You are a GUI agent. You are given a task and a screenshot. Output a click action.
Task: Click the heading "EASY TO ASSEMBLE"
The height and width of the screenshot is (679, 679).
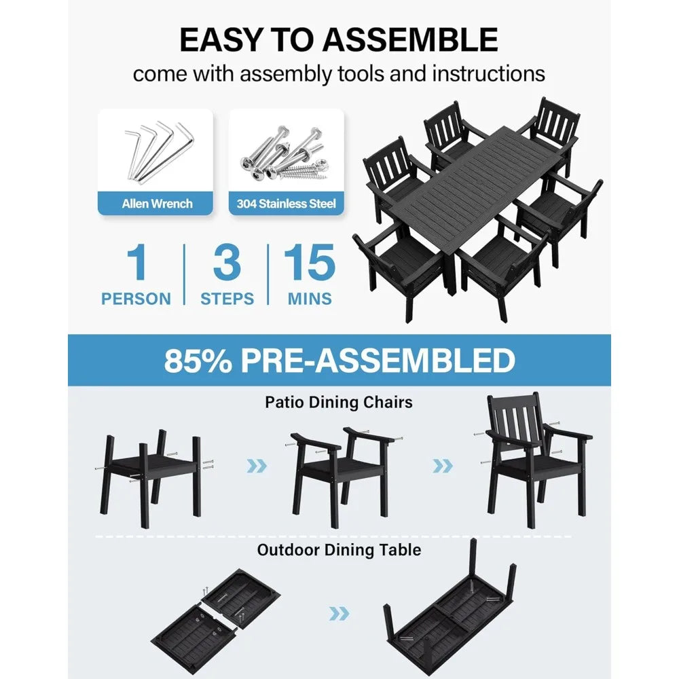(339, 40)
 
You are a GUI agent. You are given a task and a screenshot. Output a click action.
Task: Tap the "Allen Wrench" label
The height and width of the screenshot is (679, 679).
(157, 203)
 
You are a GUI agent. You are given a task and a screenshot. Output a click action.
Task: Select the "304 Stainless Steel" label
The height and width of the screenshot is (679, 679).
(286, 203)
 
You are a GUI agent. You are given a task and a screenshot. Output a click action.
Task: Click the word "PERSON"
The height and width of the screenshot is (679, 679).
(136, 299)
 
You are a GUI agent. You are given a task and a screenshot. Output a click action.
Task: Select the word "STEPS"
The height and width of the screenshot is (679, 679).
(227, 299)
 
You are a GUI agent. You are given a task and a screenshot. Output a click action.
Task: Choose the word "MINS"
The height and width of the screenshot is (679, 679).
(309, 299)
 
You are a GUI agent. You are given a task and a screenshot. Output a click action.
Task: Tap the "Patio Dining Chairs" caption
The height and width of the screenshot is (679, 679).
(339, 403)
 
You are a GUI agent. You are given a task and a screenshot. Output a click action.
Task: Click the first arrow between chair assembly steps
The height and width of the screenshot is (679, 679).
(256, 466)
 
